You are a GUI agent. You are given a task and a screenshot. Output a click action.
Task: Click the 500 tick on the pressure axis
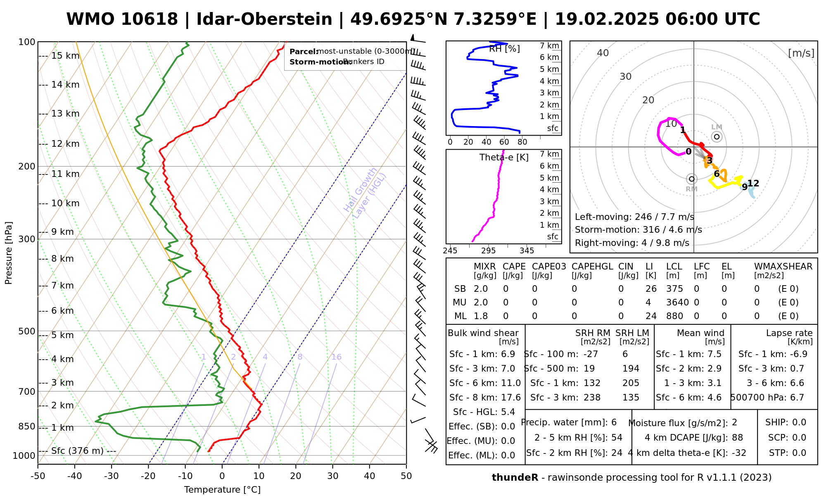[x=27, y=331]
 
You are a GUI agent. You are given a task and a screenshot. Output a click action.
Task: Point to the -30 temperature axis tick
[x=112, y=476]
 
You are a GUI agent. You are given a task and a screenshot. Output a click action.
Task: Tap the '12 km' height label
[x=65, y=144]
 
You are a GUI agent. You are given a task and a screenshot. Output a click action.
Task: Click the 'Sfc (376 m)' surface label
[x=77, y=451]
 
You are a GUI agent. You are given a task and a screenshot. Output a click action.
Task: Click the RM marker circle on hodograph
[x=692, y=179]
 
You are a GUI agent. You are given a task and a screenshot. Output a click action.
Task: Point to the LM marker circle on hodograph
[x=717, y=137]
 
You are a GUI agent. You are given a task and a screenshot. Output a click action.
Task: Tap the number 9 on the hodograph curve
[x=745, y=187]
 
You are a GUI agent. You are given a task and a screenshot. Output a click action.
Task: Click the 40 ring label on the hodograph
[x=603, y=53]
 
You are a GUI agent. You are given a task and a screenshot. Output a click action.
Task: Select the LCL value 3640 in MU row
[x=677, y=303]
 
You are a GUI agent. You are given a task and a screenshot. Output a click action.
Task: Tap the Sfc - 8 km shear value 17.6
[x=511, y=398]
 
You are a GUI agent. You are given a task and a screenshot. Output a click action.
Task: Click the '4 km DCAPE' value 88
[x=737, y=438]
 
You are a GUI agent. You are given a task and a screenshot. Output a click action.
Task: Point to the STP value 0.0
[x=799, y=453]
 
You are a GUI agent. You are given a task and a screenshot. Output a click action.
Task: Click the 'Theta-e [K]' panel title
[x=504, y=157]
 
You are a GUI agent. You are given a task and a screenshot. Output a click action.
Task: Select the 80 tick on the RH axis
[x=522, y=142]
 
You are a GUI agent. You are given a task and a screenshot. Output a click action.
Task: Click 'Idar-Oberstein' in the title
[x=264, y=19]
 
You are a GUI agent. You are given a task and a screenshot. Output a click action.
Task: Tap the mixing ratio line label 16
[x=336, y=357]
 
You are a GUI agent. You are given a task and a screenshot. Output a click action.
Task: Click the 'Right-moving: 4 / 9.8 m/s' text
[x=632, y=243]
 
